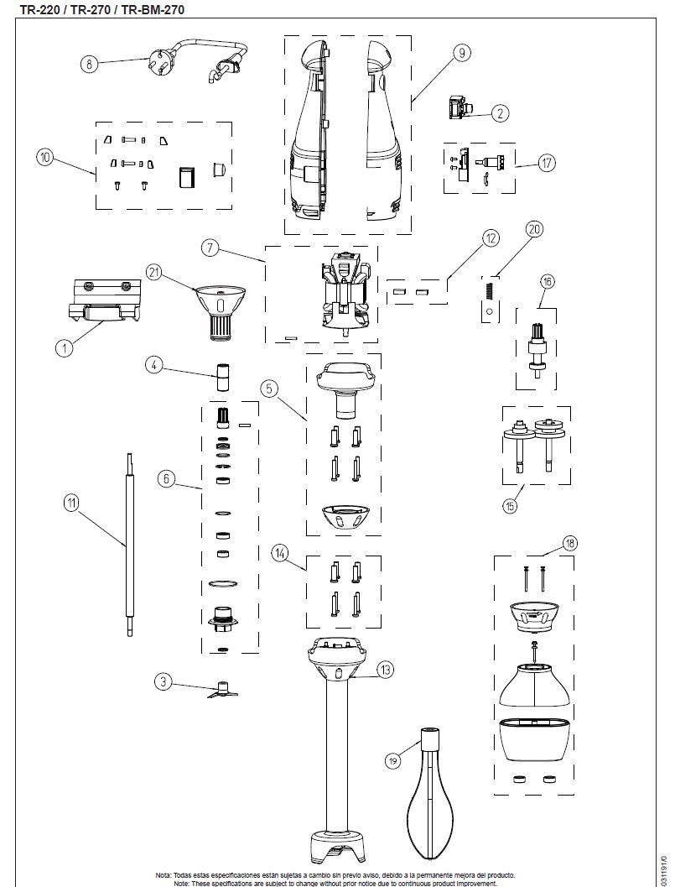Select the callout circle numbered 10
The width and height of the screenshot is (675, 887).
[45, 156]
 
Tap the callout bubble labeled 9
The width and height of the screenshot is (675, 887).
[461, 53]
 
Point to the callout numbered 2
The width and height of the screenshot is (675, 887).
[500, 112]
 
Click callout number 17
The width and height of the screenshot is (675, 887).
[547, 163]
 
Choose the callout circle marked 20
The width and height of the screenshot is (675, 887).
[534, 228]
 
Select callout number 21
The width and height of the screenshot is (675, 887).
[153, 271]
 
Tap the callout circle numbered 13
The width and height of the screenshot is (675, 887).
[385, 669]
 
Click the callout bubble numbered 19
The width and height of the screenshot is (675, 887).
[393, 760]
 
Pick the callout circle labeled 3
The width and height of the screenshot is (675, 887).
[164, 681]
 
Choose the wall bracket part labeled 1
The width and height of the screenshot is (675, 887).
[105, 302]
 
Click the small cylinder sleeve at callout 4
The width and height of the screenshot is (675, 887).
[224, 377]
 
